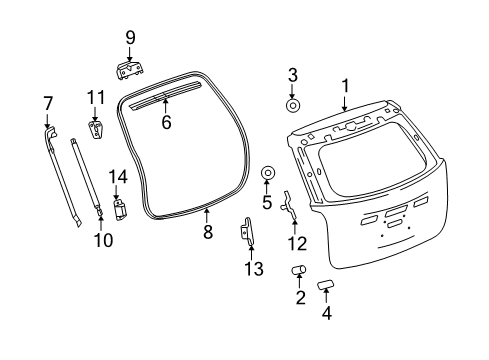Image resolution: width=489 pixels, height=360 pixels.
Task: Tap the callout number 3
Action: click(293, 75)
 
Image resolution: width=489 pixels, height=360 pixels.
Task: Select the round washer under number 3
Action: click(293, 104)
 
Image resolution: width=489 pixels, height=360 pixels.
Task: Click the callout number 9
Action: click(129, 38)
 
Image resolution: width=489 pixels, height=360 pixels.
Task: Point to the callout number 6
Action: click(166, 124)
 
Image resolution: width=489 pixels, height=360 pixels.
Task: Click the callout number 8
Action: click(208, 231)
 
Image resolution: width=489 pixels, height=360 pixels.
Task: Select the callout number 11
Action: click(95, 97)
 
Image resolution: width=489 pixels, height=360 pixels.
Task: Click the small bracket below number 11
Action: click(95, 131)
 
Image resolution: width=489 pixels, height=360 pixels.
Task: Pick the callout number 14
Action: click(117, 177)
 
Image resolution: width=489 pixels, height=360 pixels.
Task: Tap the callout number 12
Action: click(293, 242)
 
